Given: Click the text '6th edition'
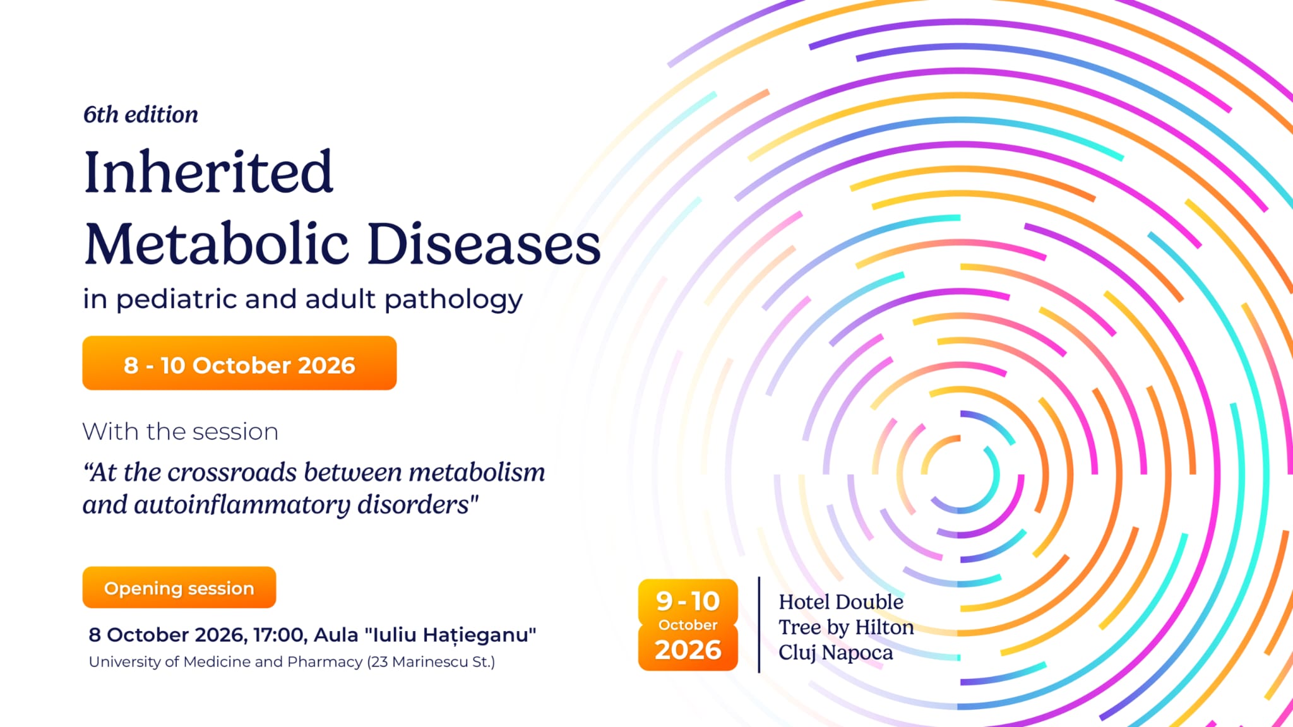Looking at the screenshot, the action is (x=141, y=114).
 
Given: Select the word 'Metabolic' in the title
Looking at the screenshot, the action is (x=217, y=244).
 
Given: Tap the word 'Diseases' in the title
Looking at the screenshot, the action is (x=484, y=244).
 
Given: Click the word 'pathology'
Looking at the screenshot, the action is (x=453, y=299).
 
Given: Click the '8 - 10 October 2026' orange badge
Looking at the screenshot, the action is (x=239, y=363).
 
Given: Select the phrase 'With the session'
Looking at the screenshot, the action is (x=181, y=432).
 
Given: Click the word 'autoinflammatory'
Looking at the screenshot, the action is (x=242, y=505).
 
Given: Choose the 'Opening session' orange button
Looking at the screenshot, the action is (x=179, y=588).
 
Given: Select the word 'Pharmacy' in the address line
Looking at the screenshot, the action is (x=325, y=662).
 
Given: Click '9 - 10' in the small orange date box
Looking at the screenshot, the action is (x=688, y=601).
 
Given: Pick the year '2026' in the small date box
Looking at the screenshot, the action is (x=688, y=650).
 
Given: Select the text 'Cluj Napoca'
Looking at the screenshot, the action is (x=835, y=653).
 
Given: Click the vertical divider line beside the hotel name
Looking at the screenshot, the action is (x=759, y=625).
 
